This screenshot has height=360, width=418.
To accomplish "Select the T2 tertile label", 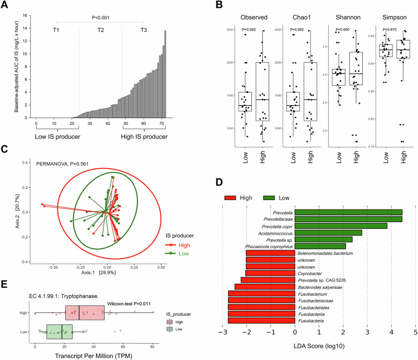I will [100, 30].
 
